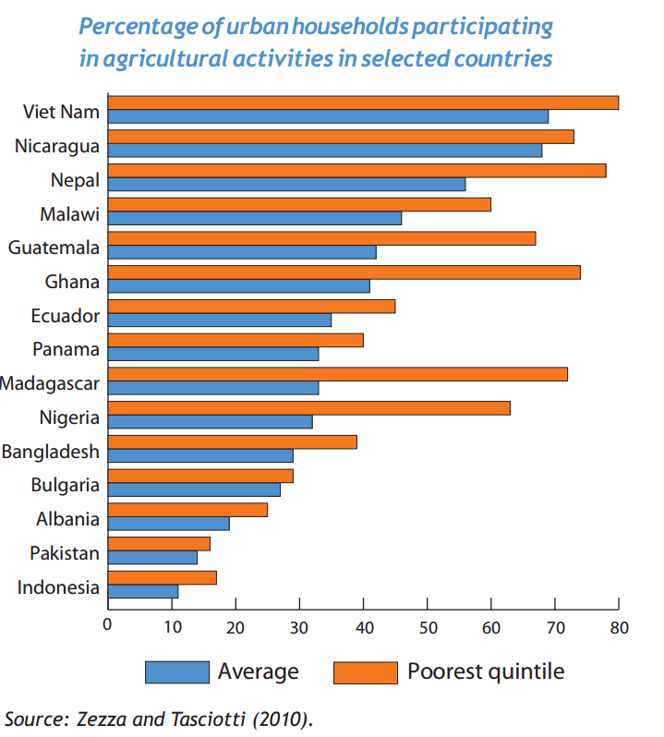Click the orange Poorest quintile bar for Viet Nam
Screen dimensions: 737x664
coord(363,103)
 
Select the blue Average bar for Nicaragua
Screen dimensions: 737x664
coord(325,151)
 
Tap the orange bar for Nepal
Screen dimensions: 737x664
coord(356,170)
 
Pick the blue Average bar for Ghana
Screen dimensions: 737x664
coord(239,285)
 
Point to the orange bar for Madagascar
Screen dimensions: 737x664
coord(337,374)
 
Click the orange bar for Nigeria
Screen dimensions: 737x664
coord(308,408)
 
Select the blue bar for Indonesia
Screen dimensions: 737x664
coord(143,591)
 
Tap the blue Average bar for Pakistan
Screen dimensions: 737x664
coord(152,557)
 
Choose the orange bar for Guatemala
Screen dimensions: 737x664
coord(321,238)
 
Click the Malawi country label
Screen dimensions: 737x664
coord(69,214)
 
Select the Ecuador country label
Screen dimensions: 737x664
coord(65,316)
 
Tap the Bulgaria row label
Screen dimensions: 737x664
coord(65,485)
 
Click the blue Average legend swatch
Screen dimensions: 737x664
coord(176,671)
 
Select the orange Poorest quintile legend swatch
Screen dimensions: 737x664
coord(365,671)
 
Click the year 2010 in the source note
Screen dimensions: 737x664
coord(283,718)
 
